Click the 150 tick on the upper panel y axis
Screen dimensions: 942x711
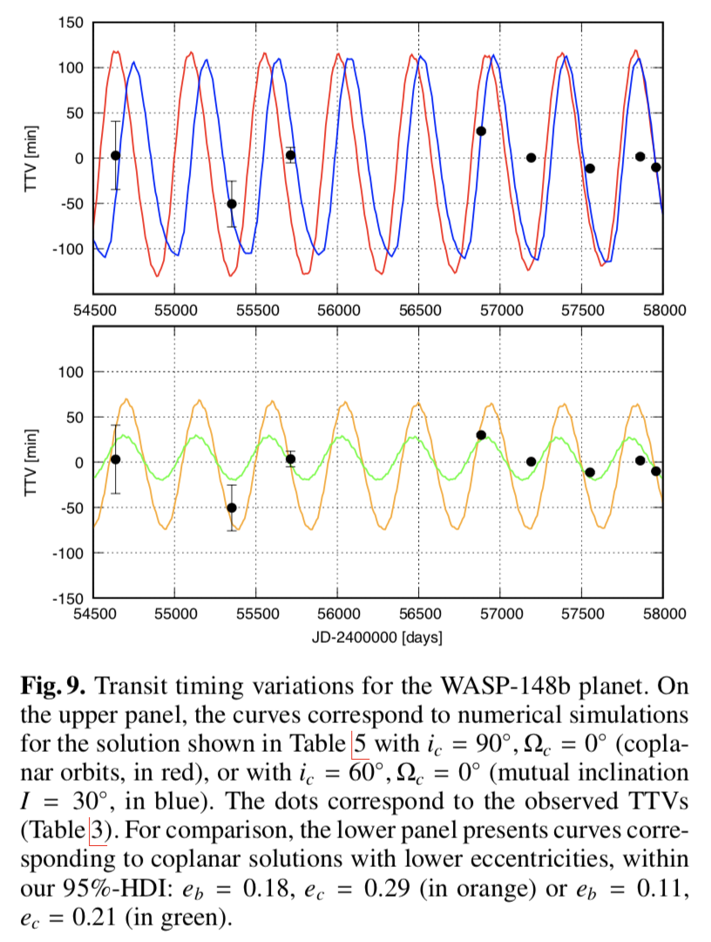71,23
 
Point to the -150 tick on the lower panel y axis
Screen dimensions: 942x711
68,599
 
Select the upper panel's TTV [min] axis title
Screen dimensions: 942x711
30,158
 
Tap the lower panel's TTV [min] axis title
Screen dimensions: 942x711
30,463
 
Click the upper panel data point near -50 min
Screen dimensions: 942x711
232,204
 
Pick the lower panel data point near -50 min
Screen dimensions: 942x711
232,508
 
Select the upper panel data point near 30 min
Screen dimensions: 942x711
481,131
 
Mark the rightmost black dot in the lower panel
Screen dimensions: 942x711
656,471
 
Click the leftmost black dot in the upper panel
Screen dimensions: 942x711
116,155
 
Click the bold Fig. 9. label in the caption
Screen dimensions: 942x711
51,686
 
